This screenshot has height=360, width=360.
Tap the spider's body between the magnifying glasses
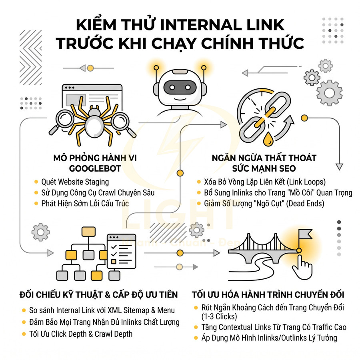pos(95,123)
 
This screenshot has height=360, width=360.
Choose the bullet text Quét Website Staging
pos(75,182)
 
